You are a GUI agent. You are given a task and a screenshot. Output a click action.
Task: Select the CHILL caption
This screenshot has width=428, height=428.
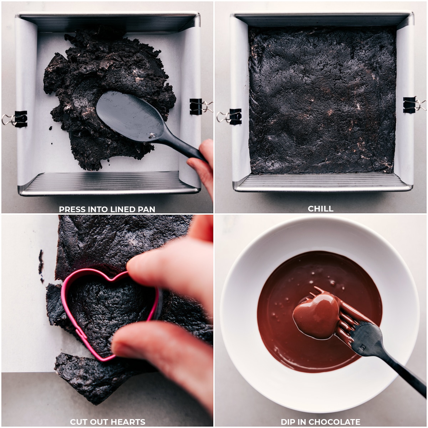pos(321,209)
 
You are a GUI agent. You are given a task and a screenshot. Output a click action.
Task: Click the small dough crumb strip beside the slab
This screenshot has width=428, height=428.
pos(41,264)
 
